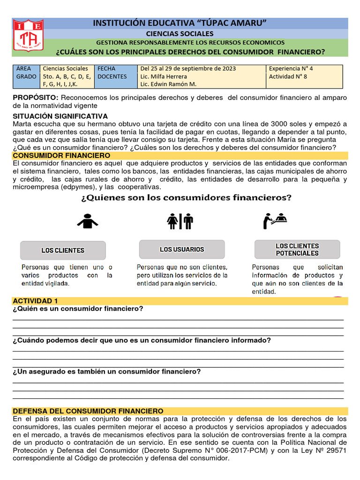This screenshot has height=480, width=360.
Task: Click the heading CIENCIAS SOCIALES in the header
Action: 180,33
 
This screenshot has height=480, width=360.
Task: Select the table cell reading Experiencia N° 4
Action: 291,68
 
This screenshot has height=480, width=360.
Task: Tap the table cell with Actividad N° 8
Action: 288,76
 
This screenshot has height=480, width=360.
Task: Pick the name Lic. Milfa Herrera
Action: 163,76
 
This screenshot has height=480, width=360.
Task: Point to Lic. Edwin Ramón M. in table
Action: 168,84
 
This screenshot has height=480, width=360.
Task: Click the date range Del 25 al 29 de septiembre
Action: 188,68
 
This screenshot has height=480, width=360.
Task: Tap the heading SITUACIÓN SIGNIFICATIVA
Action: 60,116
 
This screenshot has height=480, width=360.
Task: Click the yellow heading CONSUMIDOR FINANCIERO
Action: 61,155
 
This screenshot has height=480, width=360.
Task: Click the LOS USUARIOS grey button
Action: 181,249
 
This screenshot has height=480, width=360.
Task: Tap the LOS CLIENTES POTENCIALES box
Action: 297,249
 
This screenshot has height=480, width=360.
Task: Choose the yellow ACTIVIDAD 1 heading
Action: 35,300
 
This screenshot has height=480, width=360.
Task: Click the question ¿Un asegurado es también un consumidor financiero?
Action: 107,372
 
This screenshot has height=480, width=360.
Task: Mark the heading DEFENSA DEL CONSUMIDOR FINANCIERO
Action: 88,411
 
